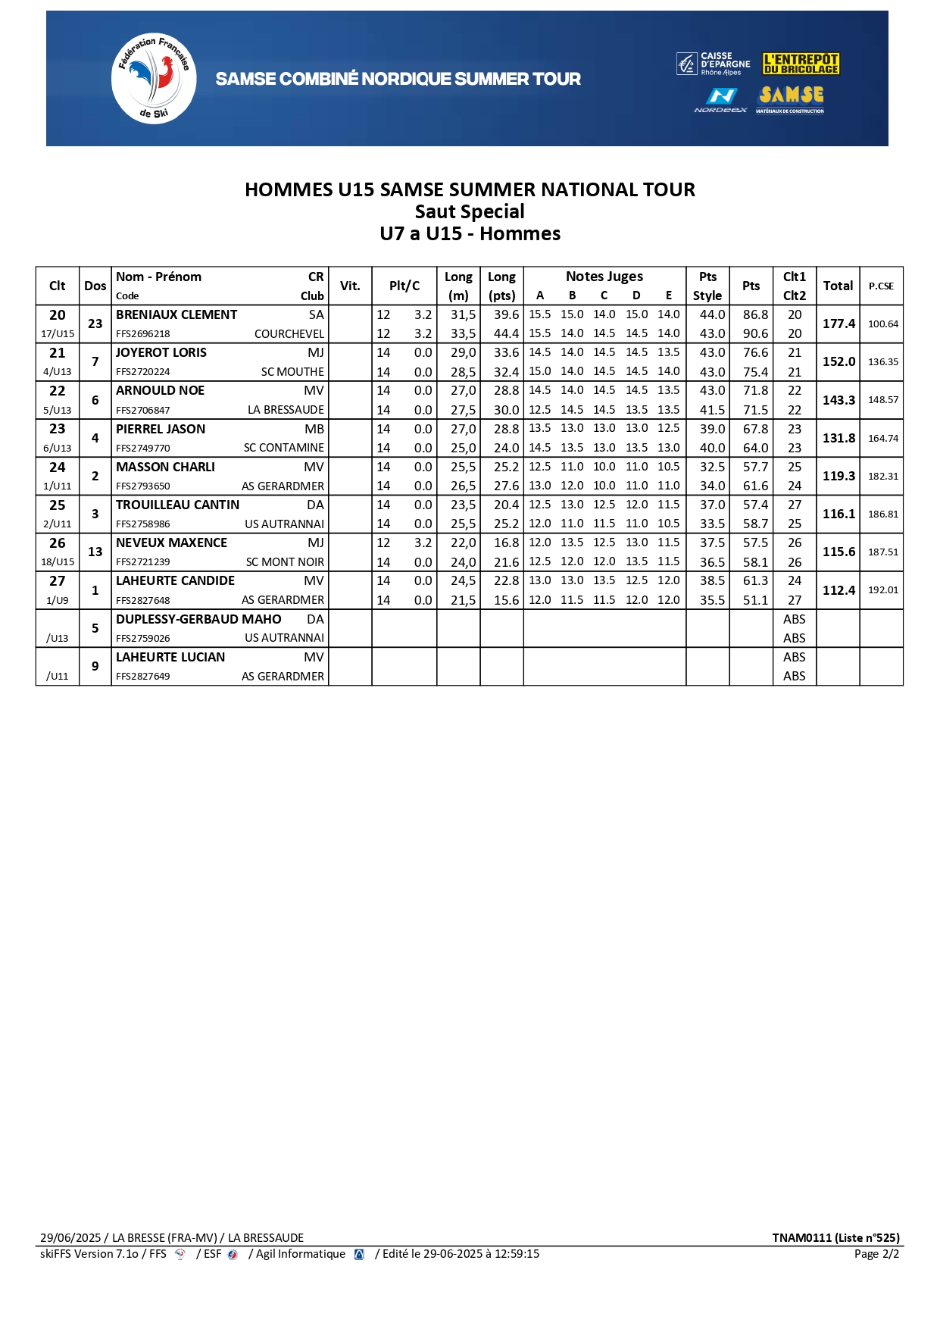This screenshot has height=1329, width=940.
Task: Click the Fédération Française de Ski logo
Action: click(154, 78)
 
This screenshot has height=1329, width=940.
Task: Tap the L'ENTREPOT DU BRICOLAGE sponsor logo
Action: click(801, 64)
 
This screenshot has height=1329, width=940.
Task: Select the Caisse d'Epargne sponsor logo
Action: click(714, 64)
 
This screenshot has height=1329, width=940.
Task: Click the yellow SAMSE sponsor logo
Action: click(791, 97)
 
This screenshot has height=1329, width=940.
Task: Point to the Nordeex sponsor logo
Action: click(720, 99)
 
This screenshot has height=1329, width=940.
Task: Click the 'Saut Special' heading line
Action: click(470, 211)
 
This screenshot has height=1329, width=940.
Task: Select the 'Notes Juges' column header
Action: click(604, 277)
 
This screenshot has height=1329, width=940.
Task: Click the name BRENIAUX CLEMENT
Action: click(176, 314)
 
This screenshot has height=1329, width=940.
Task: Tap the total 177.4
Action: click(839, 324)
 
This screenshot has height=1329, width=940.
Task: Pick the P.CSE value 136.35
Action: click(882, 362)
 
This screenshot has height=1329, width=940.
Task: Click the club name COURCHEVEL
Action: click(289, 334)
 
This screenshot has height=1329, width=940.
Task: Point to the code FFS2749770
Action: click(143, 449)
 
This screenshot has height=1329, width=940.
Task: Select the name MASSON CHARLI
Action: click(165, 467)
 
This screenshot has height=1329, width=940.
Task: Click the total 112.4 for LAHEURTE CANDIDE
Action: click(839, 590)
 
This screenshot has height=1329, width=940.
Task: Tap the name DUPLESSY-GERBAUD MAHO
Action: click(198, 619)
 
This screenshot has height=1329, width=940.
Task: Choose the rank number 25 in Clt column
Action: click(58, 505)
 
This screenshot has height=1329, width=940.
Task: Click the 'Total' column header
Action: click(838, 286)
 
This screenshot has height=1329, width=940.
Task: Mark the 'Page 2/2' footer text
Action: click(876, 1254)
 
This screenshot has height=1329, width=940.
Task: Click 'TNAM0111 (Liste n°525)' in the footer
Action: click(835, 1237)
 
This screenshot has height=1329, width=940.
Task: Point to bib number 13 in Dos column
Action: click(95, 552)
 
